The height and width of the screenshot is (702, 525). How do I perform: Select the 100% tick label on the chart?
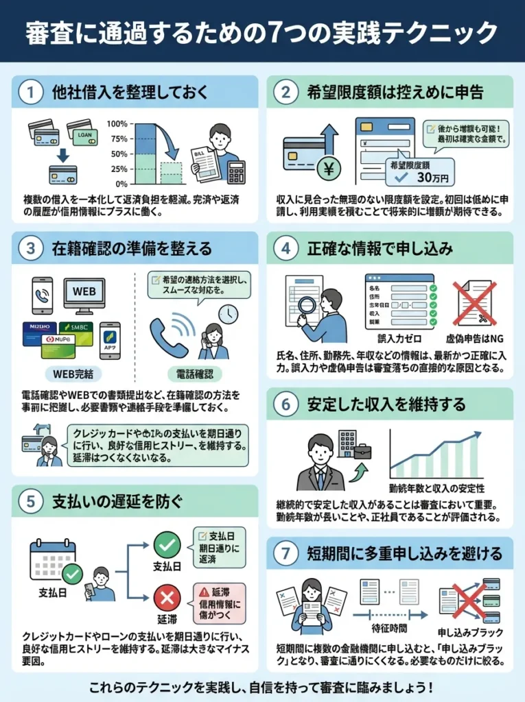coord(117,124)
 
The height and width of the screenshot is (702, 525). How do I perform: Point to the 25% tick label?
coord(119,169)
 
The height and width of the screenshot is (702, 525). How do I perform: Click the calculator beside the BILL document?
coord(237,171)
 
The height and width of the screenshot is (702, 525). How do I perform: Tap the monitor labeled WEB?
coord(84,293)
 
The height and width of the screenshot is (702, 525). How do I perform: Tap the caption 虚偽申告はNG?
coord(475,339)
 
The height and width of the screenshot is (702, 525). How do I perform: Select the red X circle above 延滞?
coord(166,599)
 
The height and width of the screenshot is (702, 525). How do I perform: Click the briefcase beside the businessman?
coord(362,450)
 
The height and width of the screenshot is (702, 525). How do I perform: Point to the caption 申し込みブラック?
coord(471,631)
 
